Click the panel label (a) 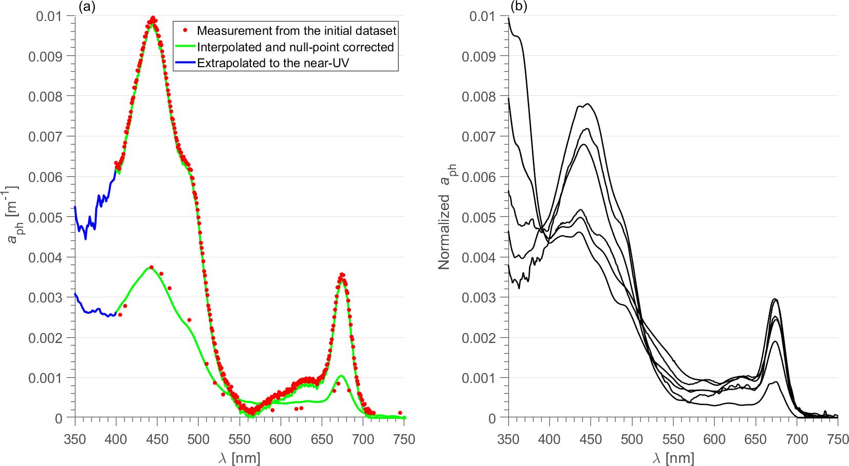point(85,6)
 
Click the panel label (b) point(519,6)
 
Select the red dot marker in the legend point(185,30)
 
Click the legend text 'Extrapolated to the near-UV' point(273,63)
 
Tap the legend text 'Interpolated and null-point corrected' point(295,47)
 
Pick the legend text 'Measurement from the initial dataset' point(297,31)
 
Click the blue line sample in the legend point(185,63)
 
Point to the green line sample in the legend point(185,47)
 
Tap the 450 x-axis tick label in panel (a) point(157,439)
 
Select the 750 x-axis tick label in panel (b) point(837,439)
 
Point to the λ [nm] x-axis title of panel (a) point(240,457)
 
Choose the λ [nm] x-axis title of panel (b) point(673,457)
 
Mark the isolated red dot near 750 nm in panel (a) point(400,413)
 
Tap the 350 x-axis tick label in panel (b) point(508,439)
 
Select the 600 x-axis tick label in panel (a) point(281,439)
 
